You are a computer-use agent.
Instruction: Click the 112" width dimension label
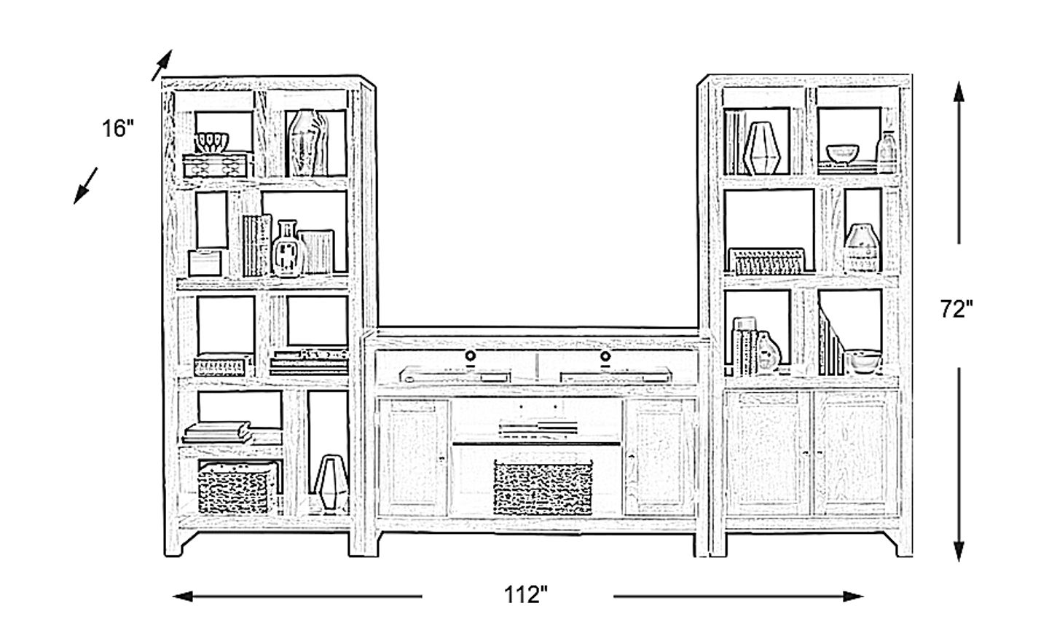525,596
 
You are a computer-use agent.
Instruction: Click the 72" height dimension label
956,309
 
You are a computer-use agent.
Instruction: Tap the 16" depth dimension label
119,130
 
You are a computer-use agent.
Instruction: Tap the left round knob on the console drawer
470,356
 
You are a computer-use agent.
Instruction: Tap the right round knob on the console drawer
605,356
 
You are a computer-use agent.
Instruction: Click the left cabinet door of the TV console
412,457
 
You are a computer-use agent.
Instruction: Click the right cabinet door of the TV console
659,457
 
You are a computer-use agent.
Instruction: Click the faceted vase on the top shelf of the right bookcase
762,149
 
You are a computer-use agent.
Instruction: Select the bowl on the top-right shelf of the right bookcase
842,154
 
